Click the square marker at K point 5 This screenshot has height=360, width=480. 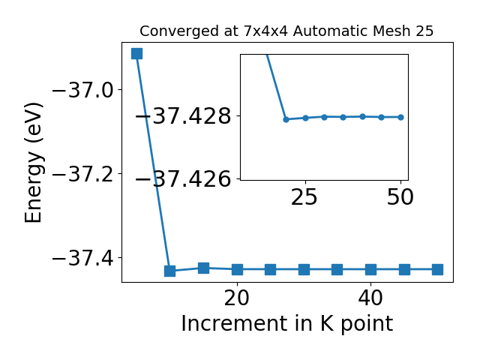[x=136, y=53]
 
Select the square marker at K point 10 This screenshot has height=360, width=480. [x=170, y=271]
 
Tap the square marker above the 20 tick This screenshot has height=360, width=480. [x=237, y=270]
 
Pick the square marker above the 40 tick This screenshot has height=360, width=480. [x=371, y=270]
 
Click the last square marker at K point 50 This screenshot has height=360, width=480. [x=438, y=270]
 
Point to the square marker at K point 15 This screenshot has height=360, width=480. [x=203, y=268]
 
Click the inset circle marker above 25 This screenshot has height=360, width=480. [x=305, y=118]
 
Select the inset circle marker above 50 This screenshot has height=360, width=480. [x=401, y=117]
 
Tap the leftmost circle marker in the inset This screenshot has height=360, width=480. [x=286, y=119]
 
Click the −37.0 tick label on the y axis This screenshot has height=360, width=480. [x=83, y=90]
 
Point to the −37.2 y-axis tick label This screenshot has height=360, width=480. [x=83, y=175]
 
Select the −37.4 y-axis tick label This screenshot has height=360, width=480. [x=83, y=259]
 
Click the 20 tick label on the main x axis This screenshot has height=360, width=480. [x=237, y=298]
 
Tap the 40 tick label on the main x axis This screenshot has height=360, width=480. [x=370, y=298]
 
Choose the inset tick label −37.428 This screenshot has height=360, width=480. [x=183, y=116]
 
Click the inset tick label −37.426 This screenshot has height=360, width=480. [x=183, y=178]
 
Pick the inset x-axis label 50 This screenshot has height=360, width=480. [x=400, y=197]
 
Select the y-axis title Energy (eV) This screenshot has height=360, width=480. [x=33, y=163]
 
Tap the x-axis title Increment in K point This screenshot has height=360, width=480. [x=287, y=324]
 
